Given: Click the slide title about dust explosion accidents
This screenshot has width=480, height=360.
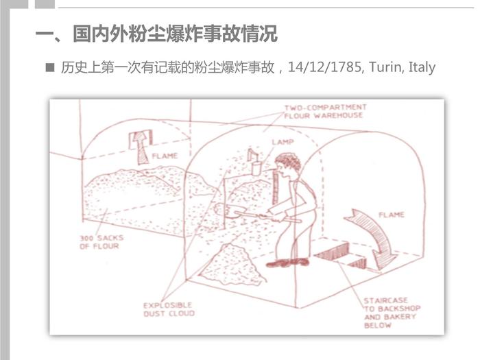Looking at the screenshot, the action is [156, 34].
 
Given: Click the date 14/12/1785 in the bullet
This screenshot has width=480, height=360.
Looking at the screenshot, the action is [325, 67].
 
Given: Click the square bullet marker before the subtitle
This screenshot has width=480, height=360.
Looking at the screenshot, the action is [49, 67].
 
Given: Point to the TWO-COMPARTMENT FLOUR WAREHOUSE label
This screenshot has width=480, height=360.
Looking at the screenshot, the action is [325, 111].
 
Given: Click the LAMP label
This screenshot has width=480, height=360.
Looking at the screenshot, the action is [283, 142].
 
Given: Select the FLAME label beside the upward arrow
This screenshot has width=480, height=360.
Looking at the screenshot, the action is [165, 156].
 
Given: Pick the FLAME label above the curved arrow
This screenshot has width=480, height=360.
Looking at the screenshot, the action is [392, 215].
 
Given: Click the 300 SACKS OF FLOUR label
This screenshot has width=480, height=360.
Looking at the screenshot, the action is [101, 242].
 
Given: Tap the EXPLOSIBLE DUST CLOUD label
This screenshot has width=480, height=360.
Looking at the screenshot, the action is [169, 309].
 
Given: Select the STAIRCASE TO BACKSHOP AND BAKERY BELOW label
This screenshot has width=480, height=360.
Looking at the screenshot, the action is [392, 313].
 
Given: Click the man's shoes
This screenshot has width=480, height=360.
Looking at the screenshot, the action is [287, 263].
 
